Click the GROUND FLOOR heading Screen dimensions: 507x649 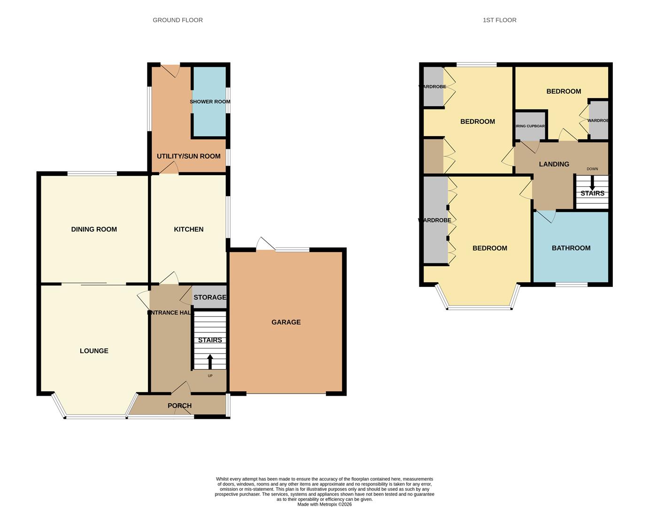point(178,20)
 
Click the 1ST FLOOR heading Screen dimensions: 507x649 point(499,20)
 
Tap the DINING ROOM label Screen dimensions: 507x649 point(94,230)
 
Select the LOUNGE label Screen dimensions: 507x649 point(94,351)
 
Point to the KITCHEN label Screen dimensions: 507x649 point(189,230)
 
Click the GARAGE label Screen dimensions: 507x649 point(286,323)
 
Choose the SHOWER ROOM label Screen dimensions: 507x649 point(210,102)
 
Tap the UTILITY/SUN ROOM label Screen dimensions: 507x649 point(188,156)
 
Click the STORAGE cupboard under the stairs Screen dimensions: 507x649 point(210,297)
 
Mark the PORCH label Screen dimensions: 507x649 point(179,406)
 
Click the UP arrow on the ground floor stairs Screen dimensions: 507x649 point(210,362)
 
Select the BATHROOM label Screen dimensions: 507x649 point(571,248)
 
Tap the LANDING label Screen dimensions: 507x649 point(554,164)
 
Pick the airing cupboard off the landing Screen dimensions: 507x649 point(531,126)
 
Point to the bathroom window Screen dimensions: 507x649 point(572,284)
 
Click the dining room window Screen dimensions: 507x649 point(92,174)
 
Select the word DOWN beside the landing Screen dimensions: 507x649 point(592,169)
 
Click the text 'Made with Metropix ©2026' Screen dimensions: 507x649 point(324,505)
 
